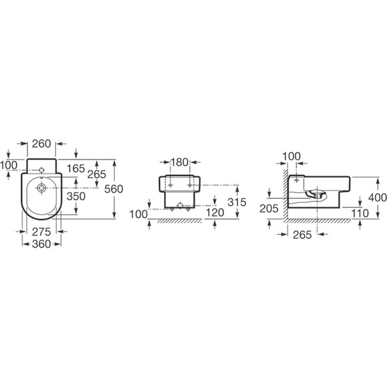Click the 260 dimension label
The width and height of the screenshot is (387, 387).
click(41, 143)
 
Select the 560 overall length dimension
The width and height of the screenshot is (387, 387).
click(113, 189)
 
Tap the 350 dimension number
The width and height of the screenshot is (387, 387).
click(76, 196)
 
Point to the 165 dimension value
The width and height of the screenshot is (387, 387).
click(76, 169)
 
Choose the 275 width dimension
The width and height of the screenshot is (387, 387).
click(41, 232)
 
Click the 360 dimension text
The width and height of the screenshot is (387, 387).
click(41, 244)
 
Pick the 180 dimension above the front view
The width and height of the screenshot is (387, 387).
click(179, 162)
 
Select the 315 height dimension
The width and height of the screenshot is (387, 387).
click(237, 202)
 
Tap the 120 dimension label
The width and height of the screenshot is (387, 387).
click(215, 212)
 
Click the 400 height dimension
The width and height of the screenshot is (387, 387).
click(378, 198)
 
